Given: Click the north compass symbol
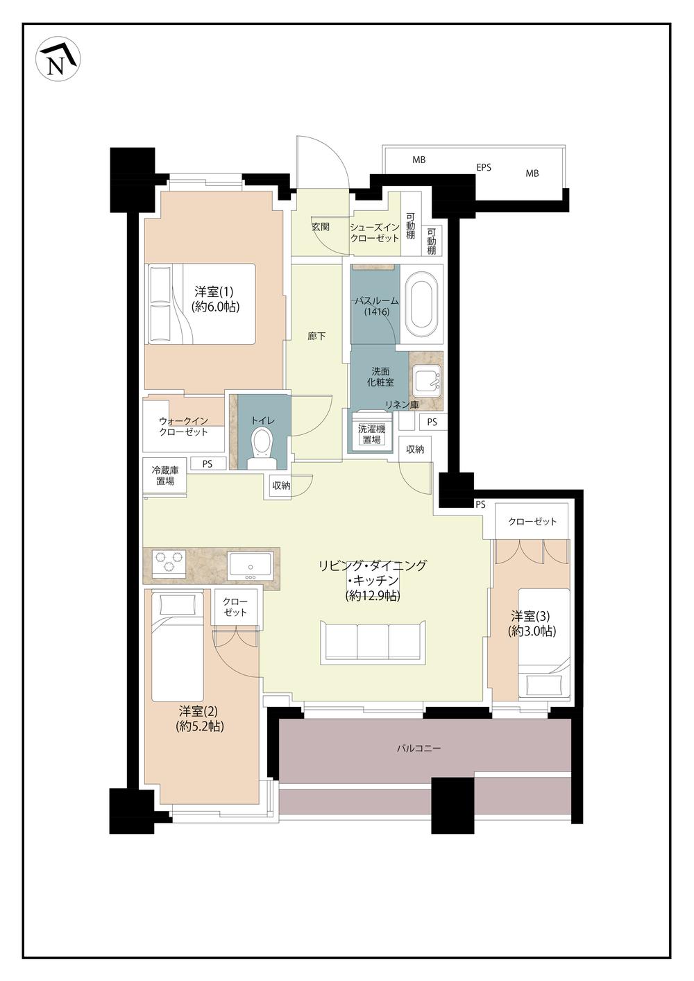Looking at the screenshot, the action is click(58, 59).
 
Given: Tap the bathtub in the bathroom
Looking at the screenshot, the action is click(422, 305).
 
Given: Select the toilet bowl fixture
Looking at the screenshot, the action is click(262, 448).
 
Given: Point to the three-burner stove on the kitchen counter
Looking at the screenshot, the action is click(168, 562).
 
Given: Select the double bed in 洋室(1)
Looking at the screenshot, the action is click(201, 303).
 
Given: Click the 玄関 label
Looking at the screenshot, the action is click(321, 227).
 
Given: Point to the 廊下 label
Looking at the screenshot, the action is click(316, 336).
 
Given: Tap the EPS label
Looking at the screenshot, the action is click(484, 167).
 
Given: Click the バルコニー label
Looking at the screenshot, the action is click(419, 749).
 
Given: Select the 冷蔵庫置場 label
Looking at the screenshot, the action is click(165, 476).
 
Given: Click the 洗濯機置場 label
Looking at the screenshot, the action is click(371, 434).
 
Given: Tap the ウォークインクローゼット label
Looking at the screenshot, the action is click(184, 427).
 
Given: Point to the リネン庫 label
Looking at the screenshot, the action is click(402, 405).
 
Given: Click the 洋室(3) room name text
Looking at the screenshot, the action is click(530, 617).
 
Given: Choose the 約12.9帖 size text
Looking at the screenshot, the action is click(373, 596).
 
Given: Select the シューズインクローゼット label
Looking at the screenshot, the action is click(375, 233).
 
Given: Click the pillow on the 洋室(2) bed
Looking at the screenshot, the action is click(178, 606).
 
